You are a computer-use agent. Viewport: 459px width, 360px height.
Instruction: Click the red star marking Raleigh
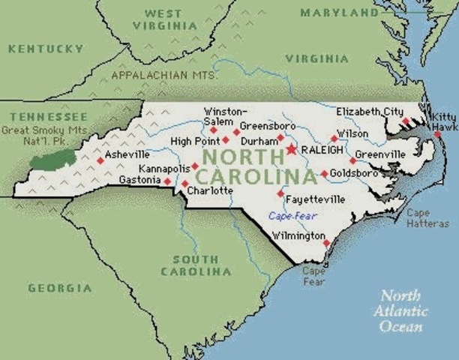pyautogui.click(x=291, y=150)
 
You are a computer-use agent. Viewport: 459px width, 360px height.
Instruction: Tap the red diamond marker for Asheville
pyautogui.click(x=100, y=160)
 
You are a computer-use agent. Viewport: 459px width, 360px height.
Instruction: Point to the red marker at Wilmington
pyautogui.click(x=326, y=242)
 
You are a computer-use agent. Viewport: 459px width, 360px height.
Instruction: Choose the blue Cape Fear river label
pyautogui.click(x=293, y=216)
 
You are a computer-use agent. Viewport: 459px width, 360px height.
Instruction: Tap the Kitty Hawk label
pyautogui.click(x=444, y=121)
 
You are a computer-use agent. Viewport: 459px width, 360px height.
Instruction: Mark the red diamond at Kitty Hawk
pyautogui.click(x=437, y=134)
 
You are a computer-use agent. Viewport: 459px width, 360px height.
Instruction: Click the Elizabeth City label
pyautogui.click(x=370, y=111)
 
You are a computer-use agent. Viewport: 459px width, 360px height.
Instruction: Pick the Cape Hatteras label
pyautogui.click(x=428, y=218)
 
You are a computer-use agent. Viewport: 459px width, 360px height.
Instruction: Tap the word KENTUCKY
pyautogui.click(x=46, y=49)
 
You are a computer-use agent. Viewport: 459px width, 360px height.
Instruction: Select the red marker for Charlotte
pyautogui.click(x=184, y=183)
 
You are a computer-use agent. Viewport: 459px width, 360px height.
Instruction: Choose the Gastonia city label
pyautogui.click(x=140, y=180)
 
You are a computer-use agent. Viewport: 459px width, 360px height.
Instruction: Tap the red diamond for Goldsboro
pyautogui.click(x=324, y=174)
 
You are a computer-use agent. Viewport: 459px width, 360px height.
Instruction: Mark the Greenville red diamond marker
pyautogui.click(x=352, y=160)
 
